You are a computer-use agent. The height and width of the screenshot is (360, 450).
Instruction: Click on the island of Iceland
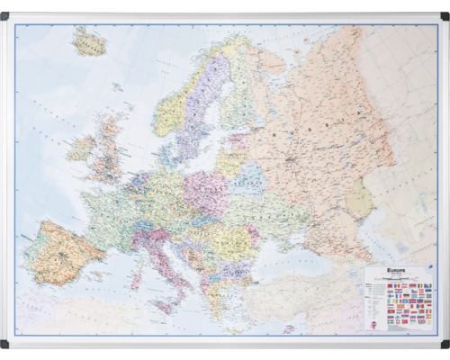pyautogui.click(x=89, y=41)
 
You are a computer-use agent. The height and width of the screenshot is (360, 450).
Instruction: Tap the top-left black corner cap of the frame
pyautogui.click(x=5, y=15)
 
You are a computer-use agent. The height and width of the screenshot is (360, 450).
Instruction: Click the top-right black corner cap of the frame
pyautogui.click(x=445, y=15)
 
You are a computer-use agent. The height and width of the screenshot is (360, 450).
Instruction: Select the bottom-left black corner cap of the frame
pyautogui.click(x=5, y=344)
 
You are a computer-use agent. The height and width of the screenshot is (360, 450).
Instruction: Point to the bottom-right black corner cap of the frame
pyautogui.click(x=445, y=344)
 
